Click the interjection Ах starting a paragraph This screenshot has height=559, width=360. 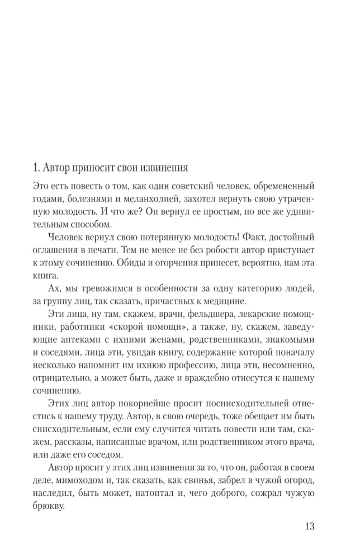55,291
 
